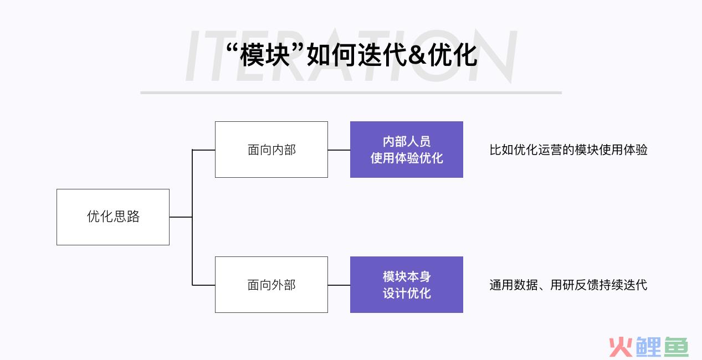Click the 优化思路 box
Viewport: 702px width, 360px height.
(113, 217)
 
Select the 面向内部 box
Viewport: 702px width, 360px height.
(271, 150)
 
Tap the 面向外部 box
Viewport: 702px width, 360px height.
(271, 285)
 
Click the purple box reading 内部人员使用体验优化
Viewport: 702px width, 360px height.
(407, 150)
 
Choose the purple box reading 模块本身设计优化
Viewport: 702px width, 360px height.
(407, 285)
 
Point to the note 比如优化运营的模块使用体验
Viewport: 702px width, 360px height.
(568, 150)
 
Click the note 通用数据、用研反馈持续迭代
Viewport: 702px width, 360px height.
(568, 285)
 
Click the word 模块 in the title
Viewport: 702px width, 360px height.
(265, 55)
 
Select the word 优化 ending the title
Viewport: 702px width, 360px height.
(453, 55)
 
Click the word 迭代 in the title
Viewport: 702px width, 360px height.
(382, 55)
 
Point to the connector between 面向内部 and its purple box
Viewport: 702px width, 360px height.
(339, 150)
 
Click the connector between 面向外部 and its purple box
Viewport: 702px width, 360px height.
(339, 285)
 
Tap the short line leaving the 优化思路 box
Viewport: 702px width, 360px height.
(181, 217)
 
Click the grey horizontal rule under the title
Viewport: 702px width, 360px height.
(351, 92)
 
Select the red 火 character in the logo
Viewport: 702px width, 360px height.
(621, 347)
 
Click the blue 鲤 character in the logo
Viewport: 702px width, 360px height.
(648, 347)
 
